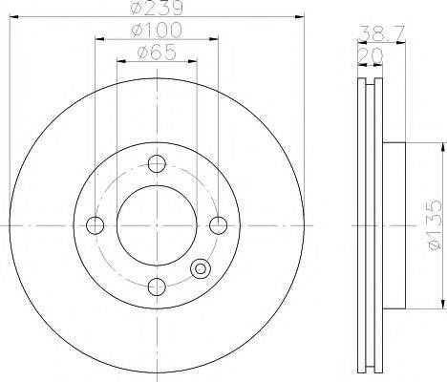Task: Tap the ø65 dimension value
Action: [x=157, y=54]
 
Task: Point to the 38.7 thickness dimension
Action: [x=379, y=33]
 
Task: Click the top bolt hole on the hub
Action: [x=157, y=162]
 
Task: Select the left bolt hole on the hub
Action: [x=94, y=225]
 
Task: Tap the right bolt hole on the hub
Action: [x=219, y=225]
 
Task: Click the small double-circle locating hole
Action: [x=200, y=268]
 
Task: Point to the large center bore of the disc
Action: [x=157, y=225]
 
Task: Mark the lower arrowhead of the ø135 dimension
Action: [x=441, y=305]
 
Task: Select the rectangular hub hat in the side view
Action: [x=394, y=225]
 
